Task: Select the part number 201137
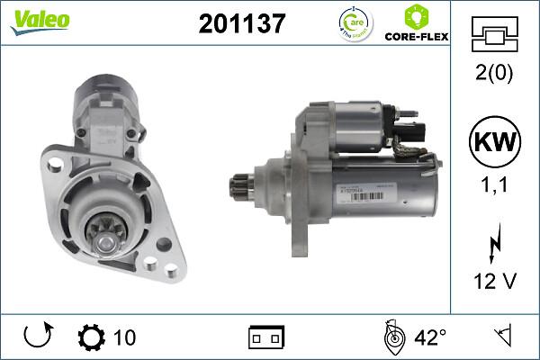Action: [x=241, y=24]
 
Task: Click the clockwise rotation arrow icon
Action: [x=37, y=337]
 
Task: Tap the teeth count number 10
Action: [x=125, y=337]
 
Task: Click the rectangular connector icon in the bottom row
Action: [x=265, y=338]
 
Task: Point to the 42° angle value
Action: [x=429, y=337]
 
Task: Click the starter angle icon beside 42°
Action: [x=392, y=337]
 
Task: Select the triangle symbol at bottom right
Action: [x=502, y=337]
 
